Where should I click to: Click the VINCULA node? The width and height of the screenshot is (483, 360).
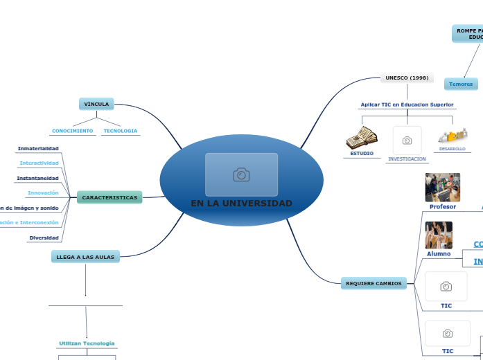pos(96,104)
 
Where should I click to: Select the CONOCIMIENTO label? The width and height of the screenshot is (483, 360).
pos(73,131)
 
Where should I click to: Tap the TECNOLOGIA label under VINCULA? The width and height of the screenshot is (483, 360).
pos(121,131)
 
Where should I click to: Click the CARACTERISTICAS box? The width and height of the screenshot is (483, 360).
pos(109,197)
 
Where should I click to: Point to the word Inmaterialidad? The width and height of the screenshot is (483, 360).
pos(38,148)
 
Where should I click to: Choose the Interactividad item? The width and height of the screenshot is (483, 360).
pos(39,163)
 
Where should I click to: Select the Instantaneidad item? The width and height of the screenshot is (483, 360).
pos(37,178)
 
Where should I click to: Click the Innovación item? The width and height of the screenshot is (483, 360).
pos(43,192)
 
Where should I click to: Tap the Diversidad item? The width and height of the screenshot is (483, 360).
pos(44,237)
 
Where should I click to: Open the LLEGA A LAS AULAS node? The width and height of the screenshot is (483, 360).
pos(85,257)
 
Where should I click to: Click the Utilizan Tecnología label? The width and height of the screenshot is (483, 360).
pos(87,343)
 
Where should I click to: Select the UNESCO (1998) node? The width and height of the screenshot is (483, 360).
pos(407,78)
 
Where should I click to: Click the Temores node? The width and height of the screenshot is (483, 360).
pos(461,84)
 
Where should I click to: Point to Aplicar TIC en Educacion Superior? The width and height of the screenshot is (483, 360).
pos(407,105)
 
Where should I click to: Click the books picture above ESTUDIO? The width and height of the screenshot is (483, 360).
pos(362,138)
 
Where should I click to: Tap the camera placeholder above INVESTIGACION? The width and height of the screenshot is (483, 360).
pos(407,140)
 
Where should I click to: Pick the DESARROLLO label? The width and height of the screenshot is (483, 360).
pos(453,149)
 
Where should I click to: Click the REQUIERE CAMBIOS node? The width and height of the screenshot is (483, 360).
pos(374,283)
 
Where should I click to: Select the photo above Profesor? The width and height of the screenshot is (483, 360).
pos(442,187)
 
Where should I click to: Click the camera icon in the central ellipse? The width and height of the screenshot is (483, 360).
pos(241,174)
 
